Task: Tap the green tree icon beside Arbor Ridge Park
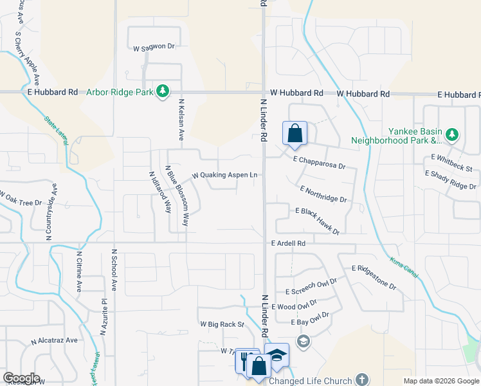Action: pos(163,92)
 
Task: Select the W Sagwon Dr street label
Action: pos(154,47)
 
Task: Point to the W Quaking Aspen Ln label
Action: pos(225,175)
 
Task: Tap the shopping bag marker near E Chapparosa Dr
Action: pos(295,134)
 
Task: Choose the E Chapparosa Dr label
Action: pos(319,162)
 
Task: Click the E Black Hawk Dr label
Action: pos(317,221)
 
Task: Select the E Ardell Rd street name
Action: pos(288,244)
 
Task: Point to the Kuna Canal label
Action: pos(404,267)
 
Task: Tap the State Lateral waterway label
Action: pos(57,129)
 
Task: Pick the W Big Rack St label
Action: pos(222,325)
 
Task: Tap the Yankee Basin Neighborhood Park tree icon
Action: pos(453,134)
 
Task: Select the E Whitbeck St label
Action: pos(451,163)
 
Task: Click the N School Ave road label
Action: pos(114,270)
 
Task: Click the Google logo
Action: pos(21,378)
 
